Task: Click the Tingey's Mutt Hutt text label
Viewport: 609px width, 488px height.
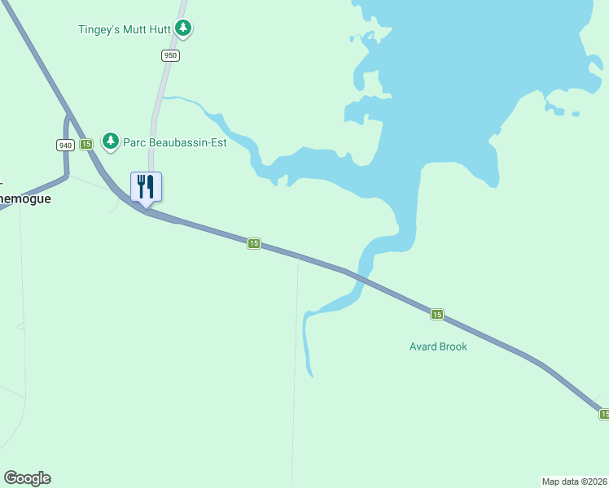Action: (x=125, y=29)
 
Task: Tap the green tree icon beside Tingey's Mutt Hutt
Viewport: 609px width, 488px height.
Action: (x=184, y=28)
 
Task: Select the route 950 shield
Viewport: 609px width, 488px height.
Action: (x=169, y=55)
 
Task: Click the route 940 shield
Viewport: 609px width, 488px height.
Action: (x=65, y=145)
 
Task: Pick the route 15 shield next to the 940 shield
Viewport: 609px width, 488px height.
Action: (x=86, y=144)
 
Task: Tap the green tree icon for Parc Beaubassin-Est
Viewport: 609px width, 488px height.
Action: (x=111, y=142)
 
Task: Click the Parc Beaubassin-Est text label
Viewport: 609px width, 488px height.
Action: (x=174, y=142)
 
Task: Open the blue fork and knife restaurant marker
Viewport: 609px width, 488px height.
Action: (x=147, y=187)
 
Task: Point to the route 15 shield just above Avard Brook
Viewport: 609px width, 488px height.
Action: (x=437, y=314)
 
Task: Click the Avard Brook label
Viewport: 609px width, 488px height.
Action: (x=438, y=346)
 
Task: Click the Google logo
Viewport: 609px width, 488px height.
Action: (x=27, y=478)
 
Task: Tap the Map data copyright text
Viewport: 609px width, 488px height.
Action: (x=575, y=481)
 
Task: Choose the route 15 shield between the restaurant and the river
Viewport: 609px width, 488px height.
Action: (x=254, y=243)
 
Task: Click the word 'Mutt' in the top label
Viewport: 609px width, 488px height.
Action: (x=135, y=29)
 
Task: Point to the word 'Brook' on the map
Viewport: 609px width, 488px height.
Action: (x=453, y=346)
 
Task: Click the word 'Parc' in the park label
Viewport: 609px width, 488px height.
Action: (x=134, y=142)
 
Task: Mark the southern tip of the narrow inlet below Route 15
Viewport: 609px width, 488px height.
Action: (x=311, y=375)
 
